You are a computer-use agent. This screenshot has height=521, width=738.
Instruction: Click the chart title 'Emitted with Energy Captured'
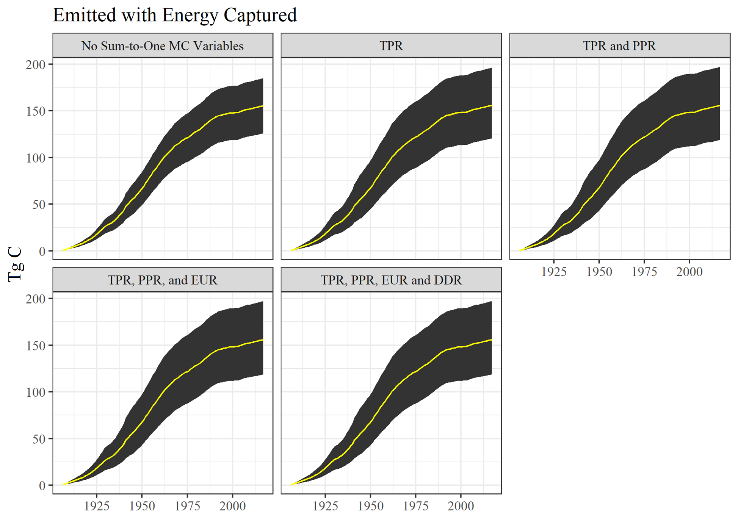pos(174,16)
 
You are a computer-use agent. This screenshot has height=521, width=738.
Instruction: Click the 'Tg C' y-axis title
pos(15,264)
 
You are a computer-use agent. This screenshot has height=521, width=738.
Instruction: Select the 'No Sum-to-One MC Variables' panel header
pos(162,46)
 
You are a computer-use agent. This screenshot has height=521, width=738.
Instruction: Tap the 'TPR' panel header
pos(391,46)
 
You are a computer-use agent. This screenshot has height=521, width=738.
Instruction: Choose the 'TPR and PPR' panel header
pos(619,46)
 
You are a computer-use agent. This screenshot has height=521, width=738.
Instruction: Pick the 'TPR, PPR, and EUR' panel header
pos(162,280)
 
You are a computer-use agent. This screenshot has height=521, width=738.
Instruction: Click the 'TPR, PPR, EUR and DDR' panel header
pos(391,280)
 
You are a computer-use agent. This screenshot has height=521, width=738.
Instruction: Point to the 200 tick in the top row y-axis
pos(36,65)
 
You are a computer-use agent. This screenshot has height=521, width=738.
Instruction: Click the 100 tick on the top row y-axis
pos(36,158)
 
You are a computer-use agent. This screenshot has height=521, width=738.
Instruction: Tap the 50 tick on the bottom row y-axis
pos(39,439)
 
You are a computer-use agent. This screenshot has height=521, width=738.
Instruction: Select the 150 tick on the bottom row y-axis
pos(36,346)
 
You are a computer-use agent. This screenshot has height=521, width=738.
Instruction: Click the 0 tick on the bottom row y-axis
pos(42,486)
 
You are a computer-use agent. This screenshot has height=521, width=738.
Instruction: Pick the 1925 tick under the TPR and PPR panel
pos(554,272)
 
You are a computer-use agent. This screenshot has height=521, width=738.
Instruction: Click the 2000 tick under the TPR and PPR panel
pos(689,272)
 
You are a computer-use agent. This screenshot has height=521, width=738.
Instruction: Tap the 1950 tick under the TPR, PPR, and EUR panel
pos(142,506)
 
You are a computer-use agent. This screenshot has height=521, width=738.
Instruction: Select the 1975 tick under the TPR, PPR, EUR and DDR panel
pos(415,506)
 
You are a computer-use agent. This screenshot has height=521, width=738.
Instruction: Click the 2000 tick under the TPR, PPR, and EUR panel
pos(232,506)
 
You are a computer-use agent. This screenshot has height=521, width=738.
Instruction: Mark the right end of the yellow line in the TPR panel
pos(491,106)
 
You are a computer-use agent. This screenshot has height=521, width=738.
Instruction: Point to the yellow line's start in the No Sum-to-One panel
pos(63,250)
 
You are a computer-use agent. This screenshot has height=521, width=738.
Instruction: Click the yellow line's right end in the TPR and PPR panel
pos(719,106)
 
